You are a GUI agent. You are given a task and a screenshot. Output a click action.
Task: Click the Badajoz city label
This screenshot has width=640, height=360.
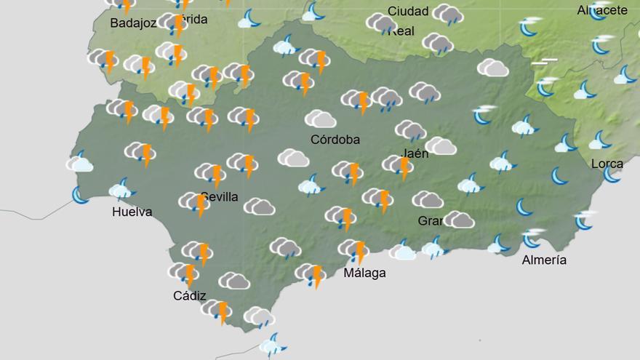(133, 23)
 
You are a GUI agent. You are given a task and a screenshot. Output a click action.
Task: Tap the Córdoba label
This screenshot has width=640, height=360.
(335, 140)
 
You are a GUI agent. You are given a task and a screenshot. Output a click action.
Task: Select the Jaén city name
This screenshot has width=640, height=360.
(415, 153)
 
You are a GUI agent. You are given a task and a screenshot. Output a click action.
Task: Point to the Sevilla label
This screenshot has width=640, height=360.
(220, 197)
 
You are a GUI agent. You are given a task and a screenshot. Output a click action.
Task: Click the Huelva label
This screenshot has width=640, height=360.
(132, 212)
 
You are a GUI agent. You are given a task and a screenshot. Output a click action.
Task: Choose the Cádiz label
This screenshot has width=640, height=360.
(189, 296)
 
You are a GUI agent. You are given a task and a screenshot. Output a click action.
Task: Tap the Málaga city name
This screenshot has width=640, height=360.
(364, 273)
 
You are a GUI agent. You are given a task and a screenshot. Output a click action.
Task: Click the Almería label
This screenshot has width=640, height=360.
(544, 260)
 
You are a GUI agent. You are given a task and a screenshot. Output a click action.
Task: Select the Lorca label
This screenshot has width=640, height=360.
(607, 164)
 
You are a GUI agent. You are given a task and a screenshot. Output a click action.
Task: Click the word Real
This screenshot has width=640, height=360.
(401, 31)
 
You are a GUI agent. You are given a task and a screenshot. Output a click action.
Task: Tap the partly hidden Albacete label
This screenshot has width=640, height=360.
(602, 10)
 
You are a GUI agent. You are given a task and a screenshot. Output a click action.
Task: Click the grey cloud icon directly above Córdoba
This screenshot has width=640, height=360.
(320, 119)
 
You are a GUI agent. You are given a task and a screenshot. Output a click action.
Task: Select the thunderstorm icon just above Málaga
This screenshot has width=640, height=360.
(353, 250)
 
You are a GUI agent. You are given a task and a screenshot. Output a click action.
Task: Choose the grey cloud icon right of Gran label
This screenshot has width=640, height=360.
(459, 219)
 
